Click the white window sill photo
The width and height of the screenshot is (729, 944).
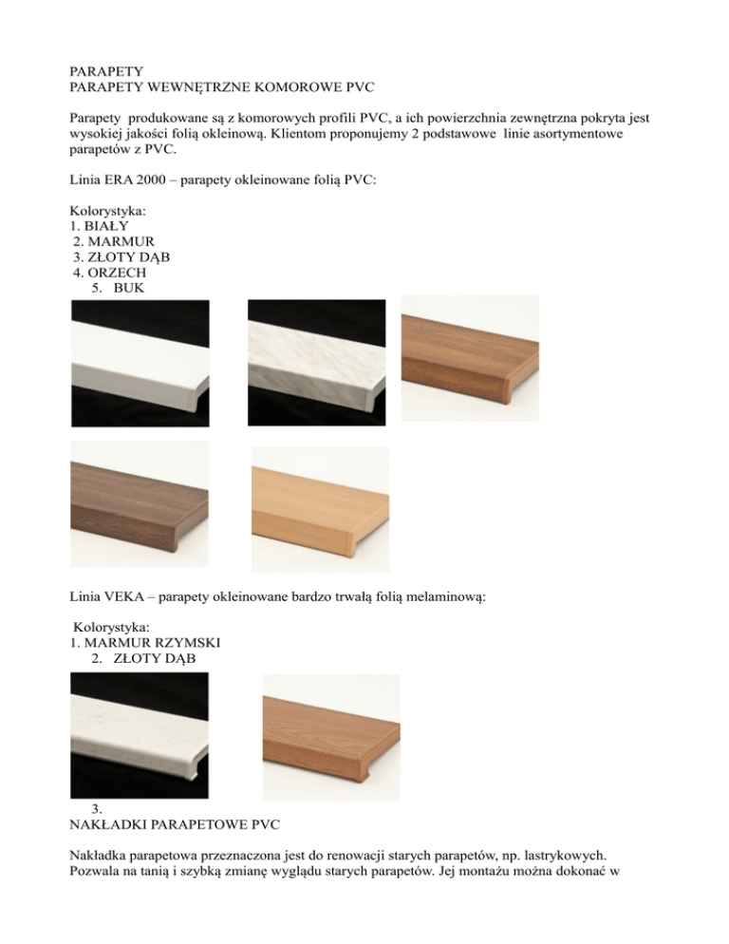(140, 361)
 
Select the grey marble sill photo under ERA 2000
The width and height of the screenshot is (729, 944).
(317, 361)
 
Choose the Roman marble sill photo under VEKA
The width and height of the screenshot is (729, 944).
(140, 735)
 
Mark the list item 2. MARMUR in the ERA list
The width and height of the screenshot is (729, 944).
(113, 241)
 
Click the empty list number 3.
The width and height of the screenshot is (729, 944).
(97, 809)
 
